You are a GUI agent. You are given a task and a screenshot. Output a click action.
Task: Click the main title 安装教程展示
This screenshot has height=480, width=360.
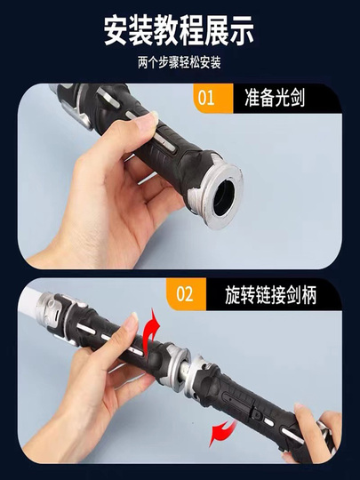(x=179, y=31)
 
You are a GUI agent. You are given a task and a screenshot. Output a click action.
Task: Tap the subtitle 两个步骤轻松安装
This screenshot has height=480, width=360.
(x=179, y=62)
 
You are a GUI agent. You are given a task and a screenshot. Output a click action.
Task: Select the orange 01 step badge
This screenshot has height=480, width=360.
(x=213, y=99)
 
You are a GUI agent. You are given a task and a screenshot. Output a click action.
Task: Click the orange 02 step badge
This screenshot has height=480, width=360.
(x=186, y=294)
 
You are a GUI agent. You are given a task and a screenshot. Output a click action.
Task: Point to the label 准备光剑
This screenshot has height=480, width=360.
(x=275, y=98)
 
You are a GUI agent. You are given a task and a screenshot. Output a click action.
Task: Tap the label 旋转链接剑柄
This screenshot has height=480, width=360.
(x=270, y=295)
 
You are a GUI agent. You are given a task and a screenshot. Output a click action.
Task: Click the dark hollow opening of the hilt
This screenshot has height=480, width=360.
(x=224, y=197)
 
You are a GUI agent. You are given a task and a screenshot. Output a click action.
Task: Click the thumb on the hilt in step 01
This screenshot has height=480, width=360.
(x=141, y=124)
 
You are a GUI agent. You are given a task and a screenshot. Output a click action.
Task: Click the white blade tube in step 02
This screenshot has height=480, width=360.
(x=28, y=300)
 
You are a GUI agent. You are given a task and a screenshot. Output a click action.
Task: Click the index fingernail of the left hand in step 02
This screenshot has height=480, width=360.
(x=133, y=317)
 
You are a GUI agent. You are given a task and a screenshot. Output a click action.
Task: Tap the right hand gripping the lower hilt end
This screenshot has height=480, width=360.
(x=316, y=432)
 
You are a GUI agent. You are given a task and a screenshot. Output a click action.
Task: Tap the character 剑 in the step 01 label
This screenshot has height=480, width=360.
(x=297, y=98)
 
